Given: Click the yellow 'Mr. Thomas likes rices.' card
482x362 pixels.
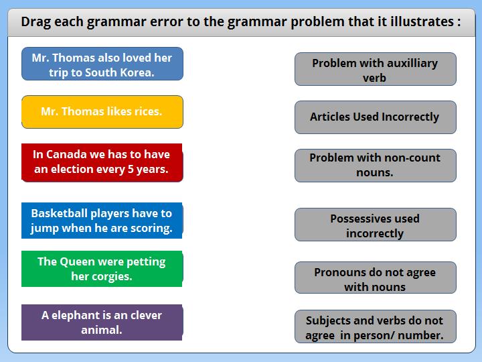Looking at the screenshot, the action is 102,112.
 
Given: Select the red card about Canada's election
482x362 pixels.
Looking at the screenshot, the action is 102,162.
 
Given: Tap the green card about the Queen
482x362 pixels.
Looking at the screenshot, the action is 102,269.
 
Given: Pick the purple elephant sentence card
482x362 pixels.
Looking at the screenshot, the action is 102,322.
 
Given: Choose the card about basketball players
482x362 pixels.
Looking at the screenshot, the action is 102,221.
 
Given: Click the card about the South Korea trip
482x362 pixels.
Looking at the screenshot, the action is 102,64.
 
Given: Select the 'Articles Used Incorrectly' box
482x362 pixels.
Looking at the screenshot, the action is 376,117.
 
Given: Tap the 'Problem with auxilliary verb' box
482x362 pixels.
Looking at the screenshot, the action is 376,69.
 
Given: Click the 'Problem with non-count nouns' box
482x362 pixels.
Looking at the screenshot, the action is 376,166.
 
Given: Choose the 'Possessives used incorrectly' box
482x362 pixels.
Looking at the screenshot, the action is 376,225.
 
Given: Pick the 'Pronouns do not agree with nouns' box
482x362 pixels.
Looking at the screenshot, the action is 376,278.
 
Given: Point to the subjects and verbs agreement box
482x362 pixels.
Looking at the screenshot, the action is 376,326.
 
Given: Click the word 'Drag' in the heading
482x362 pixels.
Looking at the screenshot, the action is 36,22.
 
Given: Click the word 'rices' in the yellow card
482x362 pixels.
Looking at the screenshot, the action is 148,111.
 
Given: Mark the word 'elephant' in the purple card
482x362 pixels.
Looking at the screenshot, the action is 75,315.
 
